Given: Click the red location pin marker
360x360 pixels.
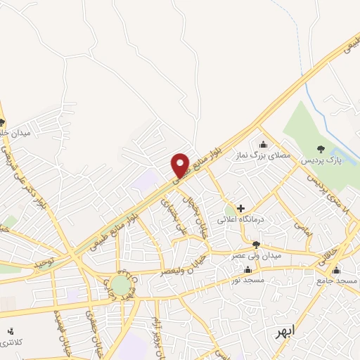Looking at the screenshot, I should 180,165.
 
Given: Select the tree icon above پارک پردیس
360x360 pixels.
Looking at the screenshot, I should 321,148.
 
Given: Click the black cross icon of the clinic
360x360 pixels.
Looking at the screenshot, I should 241,208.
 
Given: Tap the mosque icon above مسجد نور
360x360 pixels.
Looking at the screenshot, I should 247,269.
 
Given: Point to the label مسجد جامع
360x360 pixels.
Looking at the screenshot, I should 335,281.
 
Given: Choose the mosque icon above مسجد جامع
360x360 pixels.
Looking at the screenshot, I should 335,270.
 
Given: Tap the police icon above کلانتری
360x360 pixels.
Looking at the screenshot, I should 10,331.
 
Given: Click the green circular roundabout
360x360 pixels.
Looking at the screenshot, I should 120,285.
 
